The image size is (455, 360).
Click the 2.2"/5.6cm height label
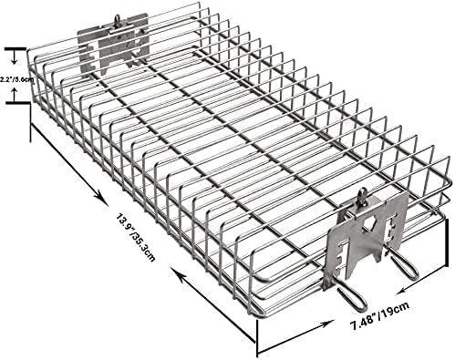point(16,80)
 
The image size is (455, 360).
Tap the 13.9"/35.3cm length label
point(136,238)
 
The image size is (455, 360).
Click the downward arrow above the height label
point(14,57)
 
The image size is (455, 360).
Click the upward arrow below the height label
point(14,94)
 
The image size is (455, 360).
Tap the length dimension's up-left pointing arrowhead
point(177,273)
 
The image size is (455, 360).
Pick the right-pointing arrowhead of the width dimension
point(326,324)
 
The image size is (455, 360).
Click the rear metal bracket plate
point(113,43)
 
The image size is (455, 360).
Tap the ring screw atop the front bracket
point(362,198)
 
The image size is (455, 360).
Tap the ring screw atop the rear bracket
point(117,22)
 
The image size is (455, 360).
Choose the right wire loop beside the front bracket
point(403,264)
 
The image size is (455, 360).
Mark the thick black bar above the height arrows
point(16,48)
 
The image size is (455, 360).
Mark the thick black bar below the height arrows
point(18,103)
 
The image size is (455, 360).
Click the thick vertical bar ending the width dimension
point(447,242)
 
